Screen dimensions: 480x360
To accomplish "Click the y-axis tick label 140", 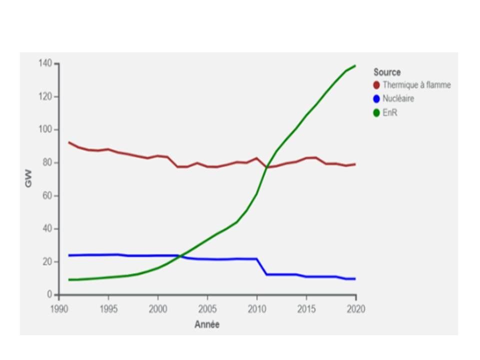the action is [x=45, y=63].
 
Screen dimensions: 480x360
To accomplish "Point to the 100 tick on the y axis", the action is [x=45, y=129].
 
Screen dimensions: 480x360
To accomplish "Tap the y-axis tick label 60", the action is [x=47, y=195].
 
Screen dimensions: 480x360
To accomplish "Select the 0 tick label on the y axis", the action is [x=49, y=294].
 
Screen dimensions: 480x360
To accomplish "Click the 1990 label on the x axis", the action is [x=59, y=309].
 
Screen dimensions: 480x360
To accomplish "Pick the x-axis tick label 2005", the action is [x=207, y=309].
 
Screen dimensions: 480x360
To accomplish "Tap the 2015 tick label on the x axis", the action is [x=306, y=309].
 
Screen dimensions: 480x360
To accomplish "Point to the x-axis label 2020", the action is [x=356, y=309].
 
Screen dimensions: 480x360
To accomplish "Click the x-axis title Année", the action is [x=207, y=324].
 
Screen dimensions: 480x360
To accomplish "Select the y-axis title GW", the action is [x=28, y=178].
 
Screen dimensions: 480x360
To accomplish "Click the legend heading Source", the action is [x=387, y=72].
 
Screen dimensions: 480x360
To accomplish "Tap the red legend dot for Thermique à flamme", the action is [x=376, y=85].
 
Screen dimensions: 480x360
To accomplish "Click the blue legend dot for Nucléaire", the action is [x=376, y=99].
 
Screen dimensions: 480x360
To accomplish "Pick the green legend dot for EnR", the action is [x=376, y=113].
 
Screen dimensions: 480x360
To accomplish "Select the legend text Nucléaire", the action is [x=398, y=98].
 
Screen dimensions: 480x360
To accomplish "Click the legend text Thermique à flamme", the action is [x=416, y=85].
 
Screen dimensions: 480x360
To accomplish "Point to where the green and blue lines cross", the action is [x=180, y=256].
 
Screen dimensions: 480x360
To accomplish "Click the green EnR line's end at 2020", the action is [x=355, y=65].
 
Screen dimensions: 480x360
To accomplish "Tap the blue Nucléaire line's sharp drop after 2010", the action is [x=261, y=266].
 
